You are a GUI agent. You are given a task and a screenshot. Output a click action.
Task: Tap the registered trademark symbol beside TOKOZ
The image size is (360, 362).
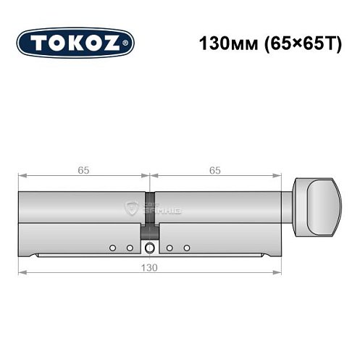[129, 43]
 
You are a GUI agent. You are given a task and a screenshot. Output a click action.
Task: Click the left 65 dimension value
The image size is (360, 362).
[83, 170]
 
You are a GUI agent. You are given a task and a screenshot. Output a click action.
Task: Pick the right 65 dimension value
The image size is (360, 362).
[215, 170]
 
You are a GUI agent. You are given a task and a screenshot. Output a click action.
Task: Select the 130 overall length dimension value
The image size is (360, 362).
[149, 266]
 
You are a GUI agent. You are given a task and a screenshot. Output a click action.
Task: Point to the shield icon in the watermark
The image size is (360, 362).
[133, 209]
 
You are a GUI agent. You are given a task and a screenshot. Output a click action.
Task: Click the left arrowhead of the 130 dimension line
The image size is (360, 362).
[22, 272]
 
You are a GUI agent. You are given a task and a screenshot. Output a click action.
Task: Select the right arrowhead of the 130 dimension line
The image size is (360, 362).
[277, 272]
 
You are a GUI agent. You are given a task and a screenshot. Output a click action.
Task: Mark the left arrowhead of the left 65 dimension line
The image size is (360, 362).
[22, 176]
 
